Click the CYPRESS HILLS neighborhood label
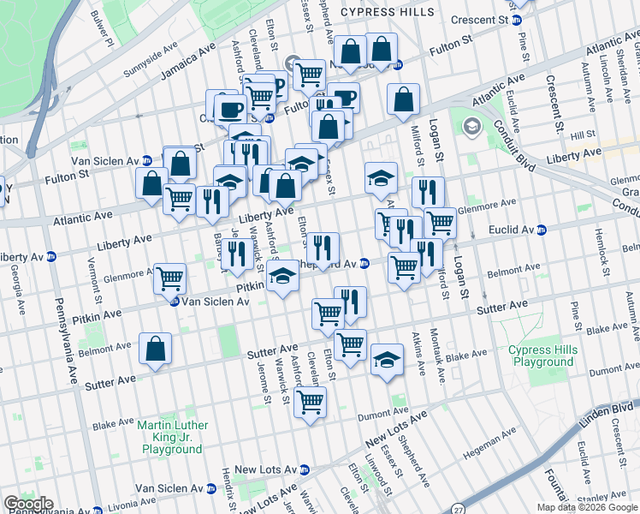(393, 12)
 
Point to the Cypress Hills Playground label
(541, 356)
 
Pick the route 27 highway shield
(460, 507)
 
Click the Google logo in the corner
(28, 504)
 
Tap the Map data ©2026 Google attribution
(587, 507)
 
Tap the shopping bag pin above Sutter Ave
(156, 349)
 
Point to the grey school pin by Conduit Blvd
(471, 128)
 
